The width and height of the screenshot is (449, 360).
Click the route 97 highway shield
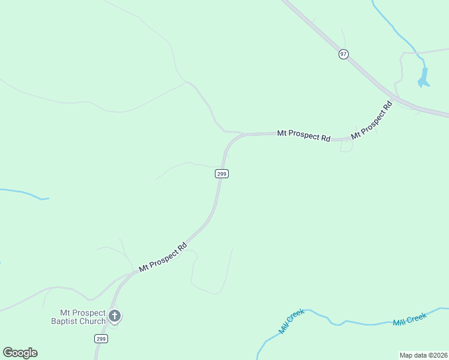pyautogui.click(x=343, y=54)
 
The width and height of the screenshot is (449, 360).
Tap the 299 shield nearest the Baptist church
pyautogui.click(x=101, y=339)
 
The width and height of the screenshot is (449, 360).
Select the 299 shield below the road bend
pyautogui.click(x=221, y=173)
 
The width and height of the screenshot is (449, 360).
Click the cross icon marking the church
pyautogui.click(x=115, y=316)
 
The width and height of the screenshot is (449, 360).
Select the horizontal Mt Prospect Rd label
pyautogui.click(x=303, y=135)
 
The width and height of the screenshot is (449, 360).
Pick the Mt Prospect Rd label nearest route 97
pyautogui.click(x=371, y=120)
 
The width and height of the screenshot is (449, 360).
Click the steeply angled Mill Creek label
pyautogui.click(x=292, y=322)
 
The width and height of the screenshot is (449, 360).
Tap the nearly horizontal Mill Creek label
pyautogui.click(x=409, y=319)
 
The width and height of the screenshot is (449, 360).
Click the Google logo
pyautogui.click(x=20, y=353)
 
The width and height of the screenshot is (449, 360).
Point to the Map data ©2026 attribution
pyautogui.click(x=423, y=355)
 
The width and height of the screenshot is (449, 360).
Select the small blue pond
pyautogui.click(x=423, y=77)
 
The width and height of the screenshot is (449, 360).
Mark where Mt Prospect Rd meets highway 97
pyautogui.click(x=396, y=98)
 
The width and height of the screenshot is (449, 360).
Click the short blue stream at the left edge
pyautogui.click(x=24, y=193)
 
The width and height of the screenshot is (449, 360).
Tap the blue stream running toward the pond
pyautogui.click(x=396, y=30)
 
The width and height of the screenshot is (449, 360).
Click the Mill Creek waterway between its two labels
pyautogui.click(x=354, y=323)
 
